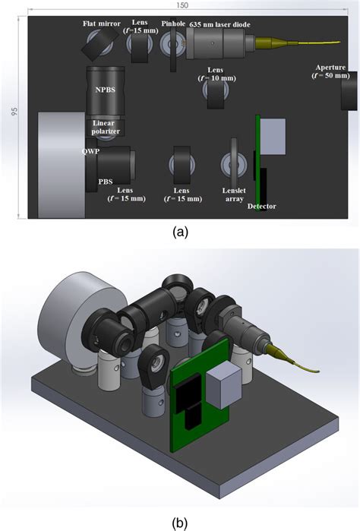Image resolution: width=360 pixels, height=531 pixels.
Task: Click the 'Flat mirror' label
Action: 102,24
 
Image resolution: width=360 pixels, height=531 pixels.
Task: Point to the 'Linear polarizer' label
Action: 106,127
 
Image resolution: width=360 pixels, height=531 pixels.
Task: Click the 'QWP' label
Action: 92,151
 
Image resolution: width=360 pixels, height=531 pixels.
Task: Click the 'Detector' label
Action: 261,207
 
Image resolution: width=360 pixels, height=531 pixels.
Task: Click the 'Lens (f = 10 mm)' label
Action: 215,74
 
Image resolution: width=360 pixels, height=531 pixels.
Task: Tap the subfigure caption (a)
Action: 180,233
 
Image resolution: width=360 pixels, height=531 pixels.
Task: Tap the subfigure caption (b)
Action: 180,520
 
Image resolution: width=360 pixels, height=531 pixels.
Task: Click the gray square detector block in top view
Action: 272,133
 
